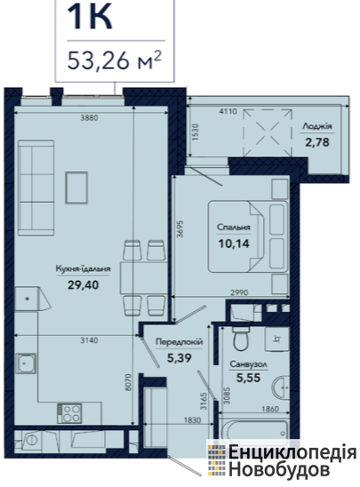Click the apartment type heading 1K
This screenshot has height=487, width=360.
pyautogui.click(x=90, y=18)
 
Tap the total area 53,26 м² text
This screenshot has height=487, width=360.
pyautogui.click(x=115, y=60)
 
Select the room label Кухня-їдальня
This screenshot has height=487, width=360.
pyautogui.click(x=84, y=269)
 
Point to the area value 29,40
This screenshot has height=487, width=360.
pyautogui.click(x=84, y=284)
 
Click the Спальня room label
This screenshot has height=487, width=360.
pyautogui.click(x=234, y=228)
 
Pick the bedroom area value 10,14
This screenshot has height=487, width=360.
pyautogui.click(x=234, y=244)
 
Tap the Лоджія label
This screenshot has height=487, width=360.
pyautogui.click(x=317, y=126)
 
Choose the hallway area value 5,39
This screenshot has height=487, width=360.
pyautogui.click(x=180, y=358)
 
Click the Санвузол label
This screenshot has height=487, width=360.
pyautogui.click(x=248, y=364)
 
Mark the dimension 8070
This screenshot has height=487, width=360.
pyautogui.click(x=130, y=385)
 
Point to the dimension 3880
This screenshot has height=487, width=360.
pyautogui.click(x=89, y=118)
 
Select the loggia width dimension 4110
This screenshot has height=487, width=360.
pyautogui.click(x=228, y=111)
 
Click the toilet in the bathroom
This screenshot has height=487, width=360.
pyautogui.click(x=241, y=339)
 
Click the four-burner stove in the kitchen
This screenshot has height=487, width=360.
pyautogui.click(x=69, y=413)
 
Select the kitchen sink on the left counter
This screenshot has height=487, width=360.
pyautogui.click(x=26, y=363)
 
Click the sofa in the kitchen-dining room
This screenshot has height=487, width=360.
pyautogui.click(x=36, y=188)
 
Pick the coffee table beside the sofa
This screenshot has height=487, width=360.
pyautogui.click(x=76, y=188)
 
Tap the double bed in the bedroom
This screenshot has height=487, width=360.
pyautogui.click(x=248, y=236)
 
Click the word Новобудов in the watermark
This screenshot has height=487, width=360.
pyautogui.click(x=279, y=469)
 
